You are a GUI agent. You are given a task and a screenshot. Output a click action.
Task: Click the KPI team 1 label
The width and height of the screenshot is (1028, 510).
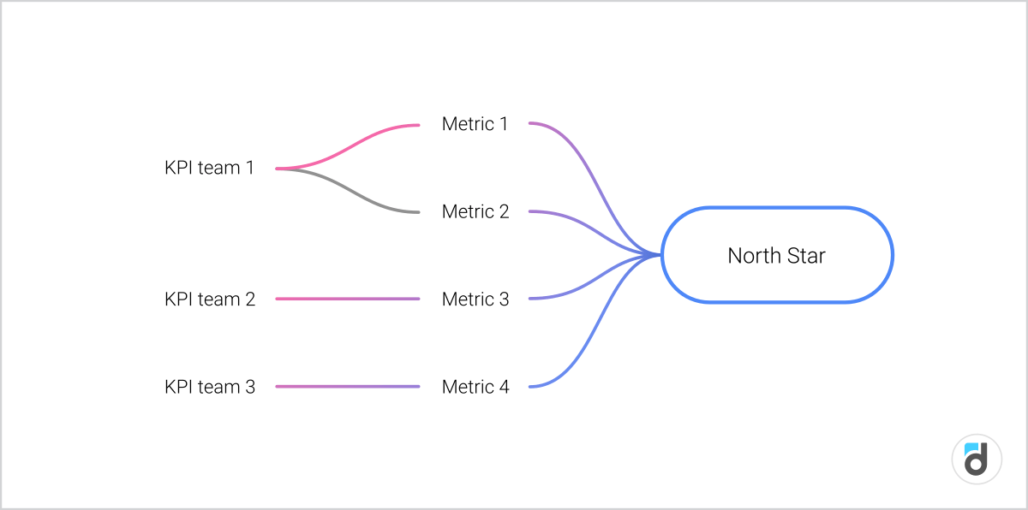pyautogui.click(x=209, y=168)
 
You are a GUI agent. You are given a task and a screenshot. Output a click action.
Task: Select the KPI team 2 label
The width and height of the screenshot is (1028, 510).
pyautogui.click(x=209, y=299)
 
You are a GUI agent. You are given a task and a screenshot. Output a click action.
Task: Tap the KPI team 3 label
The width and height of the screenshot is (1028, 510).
pyautogui.click(x=209, y=387)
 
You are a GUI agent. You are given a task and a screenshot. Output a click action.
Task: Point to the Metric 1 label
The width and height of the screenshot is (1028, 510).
pyautogui.click(x=475, y=124)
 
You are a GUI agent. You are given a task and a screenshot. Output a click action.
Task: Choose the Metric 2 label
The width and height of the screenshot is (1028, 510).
pyautogui.click(x=475, y=211)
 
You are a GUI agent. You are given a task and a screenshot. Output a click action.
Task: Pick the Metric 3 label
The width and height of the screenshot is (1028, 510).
pyautogui.click(x=475, y=299)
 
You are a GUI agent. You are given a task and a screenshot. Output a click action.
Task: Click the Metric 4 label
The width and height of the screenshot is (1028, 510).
pyautogui.click(x=475, y=387)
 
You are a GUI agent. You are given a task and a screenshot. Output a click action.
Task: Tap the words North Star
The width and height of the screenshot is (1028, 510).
pyautogui.click(x=776, y=255)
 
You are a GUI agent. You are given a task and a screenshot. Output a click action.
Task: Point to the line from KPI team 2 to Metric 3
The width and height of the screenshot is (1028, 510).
pyautogui.click(x=347, y=299)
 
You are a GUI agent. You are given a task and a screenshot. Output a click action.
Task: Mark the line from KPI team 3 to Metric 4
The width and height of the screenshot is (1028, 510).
pyautogui.click(x=347, y=387)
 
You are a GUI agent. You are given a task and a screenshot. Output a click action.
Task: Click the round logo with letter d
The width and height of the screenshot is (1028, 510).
pyautogui.click(x=977, y=459)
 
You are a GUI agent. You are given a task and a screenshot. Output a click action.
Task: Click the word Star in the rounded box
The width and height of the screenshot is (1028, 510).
pyautogui.click(x=805, y=255)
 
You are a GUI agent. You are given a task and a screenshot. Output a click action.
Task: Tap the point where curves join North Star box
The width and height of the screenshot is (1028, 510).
pyautogui.click(x=660, y=255)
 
